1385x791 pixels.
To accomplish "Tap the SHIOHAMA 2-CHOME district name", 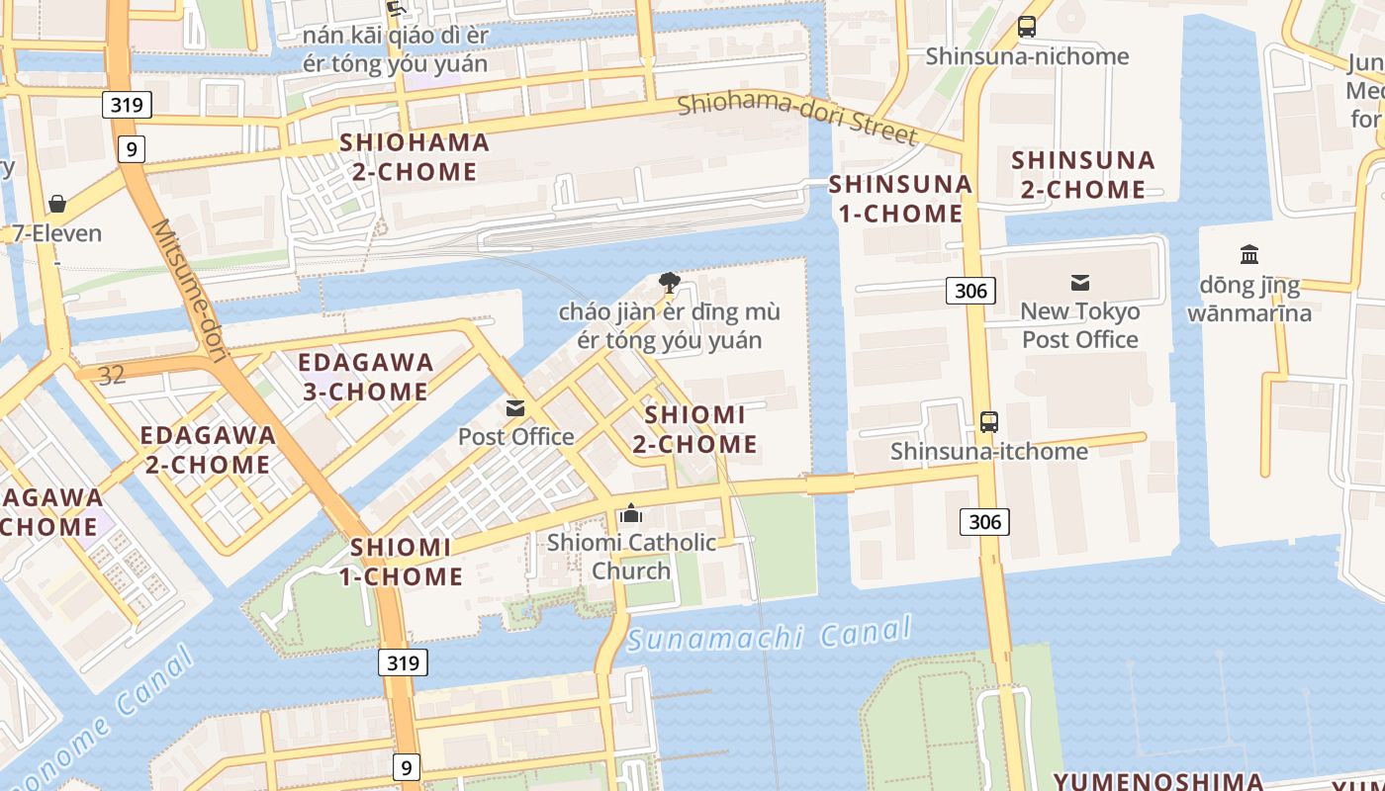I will (415, 156).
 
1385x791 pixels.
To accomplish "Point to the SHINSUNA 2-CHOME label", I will (1082, 174).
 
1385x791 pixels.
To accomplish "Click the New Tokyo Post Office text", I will (1080, 325).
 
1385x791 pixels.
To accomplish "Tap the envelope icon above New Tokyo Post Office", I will (1079, 283).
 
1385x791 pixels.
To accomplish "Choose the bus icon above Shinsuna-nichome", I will (1027, 27).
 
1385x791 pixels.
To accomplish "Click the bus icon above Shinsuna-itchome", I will (988, 422).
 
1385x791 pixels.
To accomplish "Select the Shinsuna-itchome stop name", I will (988, 452).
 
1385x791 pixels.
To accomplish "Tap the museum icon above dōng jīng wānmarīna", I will (1249, 255).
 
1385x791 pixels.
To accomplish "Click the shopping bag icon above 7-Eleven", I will (57, 204).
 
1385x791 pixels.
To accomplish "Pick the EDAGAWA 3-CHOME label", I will (365, 377).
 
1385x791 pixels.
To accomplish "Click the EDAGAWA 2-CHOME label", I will (208, 450).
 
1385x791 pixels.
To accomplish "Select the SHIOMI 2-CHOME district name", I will (694, 429).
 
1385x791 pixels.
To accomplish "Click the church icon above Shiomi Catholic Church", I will (631, 513).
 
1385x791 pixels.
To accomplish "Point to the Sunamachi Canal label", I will (769, 634).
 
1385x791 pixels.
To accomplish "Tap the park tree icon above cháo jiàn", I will (670, 283).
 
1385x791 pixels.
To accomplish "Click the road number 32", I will (112, 374).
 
